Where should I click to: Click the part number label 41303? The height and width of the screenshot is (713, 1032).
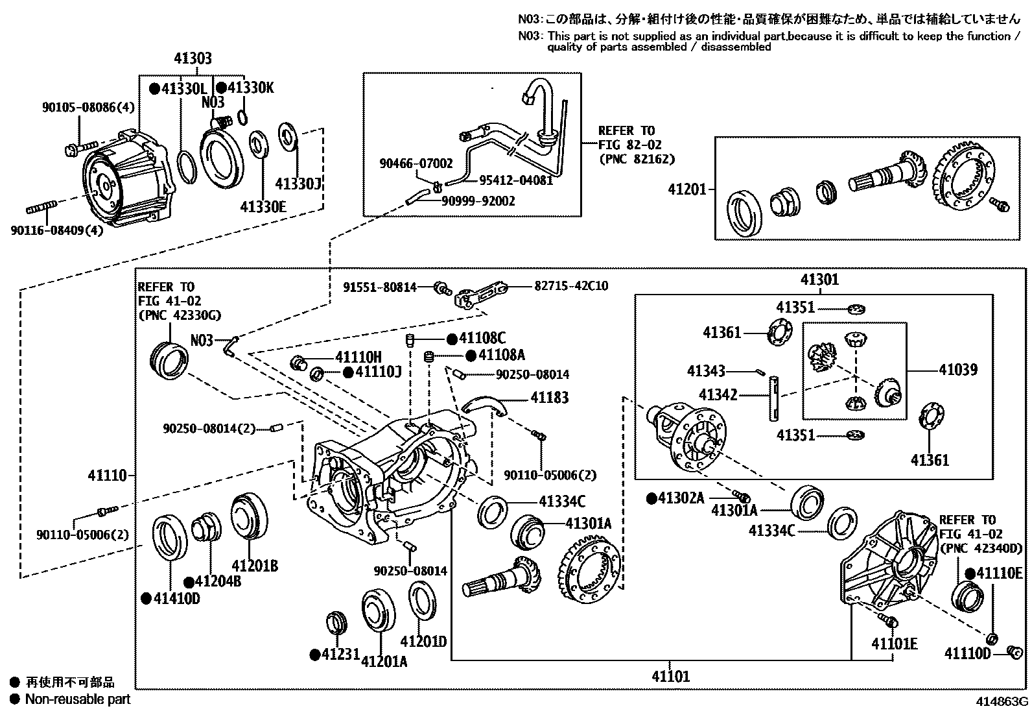coord(193,59)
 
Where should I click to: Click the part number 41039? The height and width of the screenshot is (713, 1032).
coord(958,370)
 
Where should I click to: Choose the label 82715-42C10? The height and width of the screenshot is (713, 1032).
coord(571,285)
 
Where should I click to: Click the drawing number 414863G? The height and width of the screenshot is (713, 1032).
coord(1003,702)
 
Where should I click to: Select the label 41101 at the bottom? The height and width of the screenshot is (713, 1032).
coord(671,677)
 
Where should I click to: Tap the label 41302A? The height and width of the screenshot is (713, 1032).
coord(681,498)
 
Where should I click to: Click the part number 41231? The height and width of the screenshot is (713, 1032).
coord(340,655)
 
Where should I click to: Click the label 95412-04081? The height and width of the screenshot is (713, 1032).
coord(515,180)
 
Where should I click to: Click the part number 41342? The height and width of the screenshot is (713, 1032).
coord(718,394)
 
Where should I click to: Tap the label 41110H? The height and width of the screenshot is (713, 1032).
coord(358,357)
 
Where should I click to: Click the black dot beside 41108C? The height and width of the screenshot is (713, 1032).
coord(451,339)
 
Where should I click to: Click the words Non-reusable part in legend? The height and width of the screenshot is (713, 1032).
coord(78,699)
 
